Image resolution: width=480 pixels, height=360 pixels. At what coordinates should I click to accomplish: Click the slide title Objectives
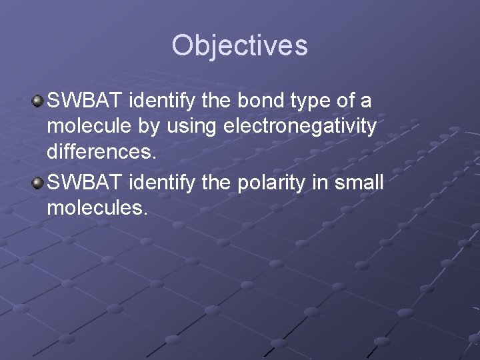click(239, 45)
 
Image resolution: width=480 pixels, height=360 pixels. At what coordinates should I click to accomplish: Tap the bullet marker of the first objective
click(38, 101)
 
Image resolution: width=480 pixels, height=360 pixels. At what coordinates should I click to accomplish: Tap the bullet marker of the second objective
click(38, 183)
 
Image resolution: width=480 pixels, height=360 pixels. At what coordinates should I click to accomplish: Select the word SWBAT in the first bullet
click(85, 101)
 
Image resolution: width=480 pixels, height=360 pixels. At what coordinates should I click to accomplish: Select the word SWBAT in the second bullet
click(85, 183)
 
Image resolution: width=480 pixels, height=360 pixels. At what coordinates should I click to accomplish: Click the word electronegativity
click(308, 126)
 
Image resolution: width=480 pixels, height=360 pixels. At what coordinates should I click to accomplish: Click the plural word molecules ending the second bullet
click(96, 207)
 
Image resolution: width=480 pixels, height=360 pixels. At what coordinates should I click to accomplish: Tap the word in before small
click(323, 183)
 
